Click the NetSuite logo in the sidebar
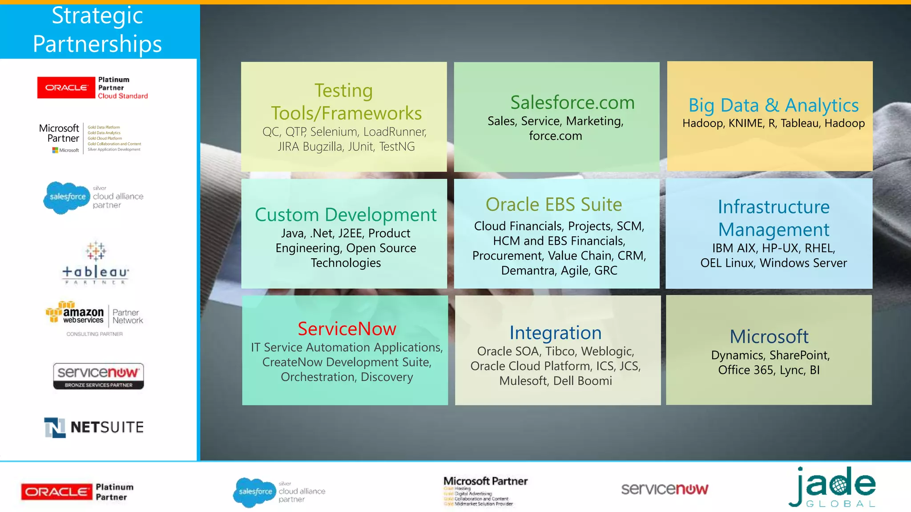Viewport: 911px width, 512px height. pos(94,428)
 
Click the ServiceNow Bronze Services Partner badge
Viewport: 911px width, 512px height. pos(98,376)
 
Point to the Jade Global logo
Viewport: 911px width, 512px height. pos(832,488)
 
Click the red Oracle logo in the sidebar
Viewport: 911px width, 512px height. pos(66,88)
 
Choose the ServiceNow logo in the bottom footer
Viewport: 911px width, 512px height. pos(665,489)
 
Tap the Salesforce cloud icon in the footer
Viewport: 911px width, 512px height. pos(254,492)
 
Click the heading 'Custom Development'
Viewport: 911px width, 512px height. pos(346,215)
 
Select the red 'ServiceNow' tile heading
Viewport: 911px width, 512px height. pos(347,329)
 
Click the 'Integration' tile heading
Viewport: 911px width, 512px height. pos(555,333)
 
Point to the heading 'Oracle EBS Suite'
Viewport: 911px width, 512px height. pos(554,204)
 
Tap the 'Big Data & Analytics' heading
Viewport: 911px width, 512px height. pos(773,105)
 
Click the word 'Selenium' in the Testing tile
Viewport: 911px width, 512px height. pos(334,132)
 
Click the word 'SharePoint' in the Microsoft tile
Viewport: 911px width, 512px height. pos(799,355)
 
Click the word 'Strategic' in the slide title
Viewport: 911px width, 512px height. pos(97,16)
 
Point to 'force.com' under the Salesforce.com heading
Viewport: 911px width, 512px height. pos(555,136)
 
